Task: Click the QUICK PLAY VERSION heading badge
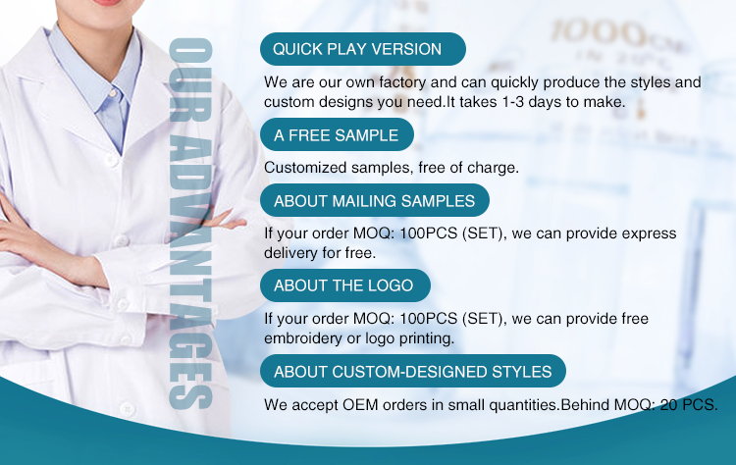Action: pos(363,49)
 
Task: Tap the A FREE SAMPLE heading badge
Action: pos(337,134)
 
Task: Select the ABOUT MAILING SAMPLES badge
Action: pos(375,200)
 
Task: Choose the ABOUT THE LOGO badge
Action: pos(345,285)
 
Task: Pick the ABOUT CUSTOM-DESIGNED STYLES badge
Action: pos(413,371)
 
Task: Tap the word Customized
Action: pos(305,168)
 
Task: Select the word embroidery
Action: pos(303,338)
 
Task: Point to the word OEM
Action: pos(360,404)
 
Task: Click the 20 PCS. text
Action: pos(689,404)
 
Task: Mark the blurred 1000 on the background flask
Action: pos(597,32)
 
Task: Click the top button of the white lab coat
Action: pos(112,160)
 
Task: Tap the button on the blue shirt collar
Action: pos(112,93)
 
